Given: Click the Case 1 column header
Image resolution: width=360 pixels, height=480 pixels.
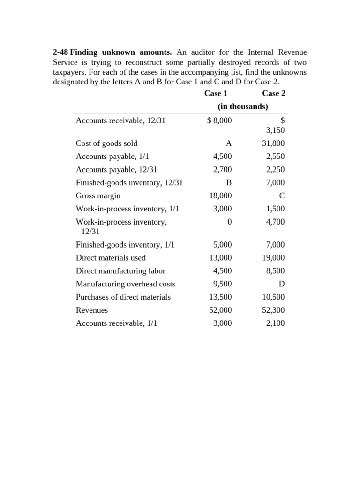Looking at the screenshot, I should [216, 93].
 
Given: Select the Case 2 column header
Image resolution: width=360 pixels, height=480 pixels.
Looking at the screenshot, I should [274, 93].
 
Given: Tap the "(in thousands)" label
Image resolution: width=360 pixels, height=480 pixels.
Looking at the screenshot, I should [243, 106].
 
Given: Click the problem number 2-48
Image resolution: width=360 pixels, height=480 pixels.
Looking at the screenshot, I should [60, 52].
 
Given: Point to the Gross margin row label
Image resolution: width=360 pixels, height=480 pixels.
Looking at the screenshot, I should [98, 195].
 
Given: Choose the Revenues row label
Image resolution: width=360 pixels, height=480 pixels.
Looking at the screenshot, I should [92, 310].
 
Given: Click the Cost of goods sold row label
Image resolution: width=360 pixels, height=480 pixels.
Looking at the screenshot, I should [106, 143].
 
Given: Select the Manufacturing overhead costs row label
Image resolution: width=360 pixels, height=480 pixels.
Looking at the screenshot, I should [126, 284].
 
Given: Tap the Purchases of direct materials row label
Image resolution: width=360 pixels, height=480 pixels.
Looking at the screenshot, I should [123, 297].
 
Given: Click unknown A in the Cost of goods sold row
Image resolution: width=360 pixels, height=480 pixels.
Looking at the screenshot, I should [229, 143].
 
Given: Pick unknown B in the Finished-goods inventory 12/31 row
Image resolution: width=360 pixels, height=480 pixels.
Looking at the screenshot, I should [229, 182].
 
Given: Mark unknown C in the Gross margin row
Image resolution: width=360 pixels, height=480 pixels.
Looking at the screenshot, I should [282, 195].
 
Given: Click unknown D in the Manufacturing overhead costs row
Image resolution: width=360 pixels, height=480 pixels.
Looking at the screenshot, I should [282, 284].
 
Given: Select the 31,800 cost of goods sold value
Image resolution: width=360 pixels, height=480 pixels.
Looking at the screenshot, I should [273, 143].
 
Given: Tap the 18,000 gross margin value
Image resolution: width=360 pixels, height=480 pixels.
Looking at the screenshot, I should [220, 195].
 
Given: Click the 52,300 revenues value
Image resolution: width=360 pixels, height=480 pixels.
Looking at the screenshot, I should [273, 310].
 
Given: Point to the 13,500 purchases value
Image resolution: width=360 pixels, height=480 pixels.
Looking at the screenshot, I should [220, 297].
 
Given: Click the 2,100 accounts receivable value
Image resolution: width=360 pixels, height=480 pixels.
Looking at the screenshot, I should [275, 323].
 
